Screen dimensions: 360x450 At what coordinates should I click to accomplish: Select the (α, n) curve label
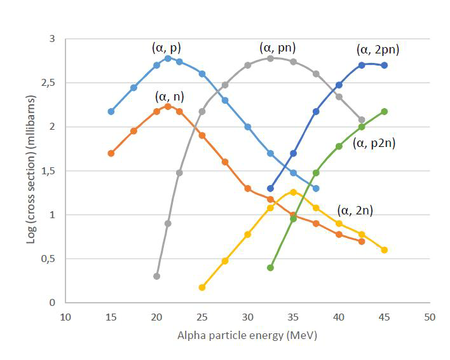170,97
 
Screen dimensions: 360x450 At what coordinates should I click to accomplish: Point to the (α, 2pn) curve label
378,50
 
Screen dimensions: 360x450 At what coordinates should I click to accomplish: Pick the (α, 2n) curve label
355,211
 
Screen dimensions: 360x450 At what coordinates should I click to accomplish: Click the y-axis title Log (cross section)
30,170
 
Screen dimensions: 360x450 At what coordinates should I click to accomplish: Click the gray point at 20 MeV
156,276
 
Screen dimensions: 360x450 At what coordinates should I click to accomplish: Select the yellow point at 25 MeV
202,287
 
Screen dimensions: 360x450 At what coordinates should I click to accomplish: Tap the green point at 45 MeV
385,111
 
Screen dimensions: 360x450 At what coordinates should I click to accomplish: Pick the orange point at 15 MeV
111,153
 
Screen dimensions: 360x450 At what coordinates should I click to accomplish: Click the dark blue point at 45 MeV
385,65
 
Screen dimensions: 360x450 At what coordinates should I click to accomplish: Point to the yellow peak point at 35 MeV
293,191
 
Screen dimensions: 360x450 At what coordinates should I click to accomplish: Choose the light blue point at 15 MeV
111,111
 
